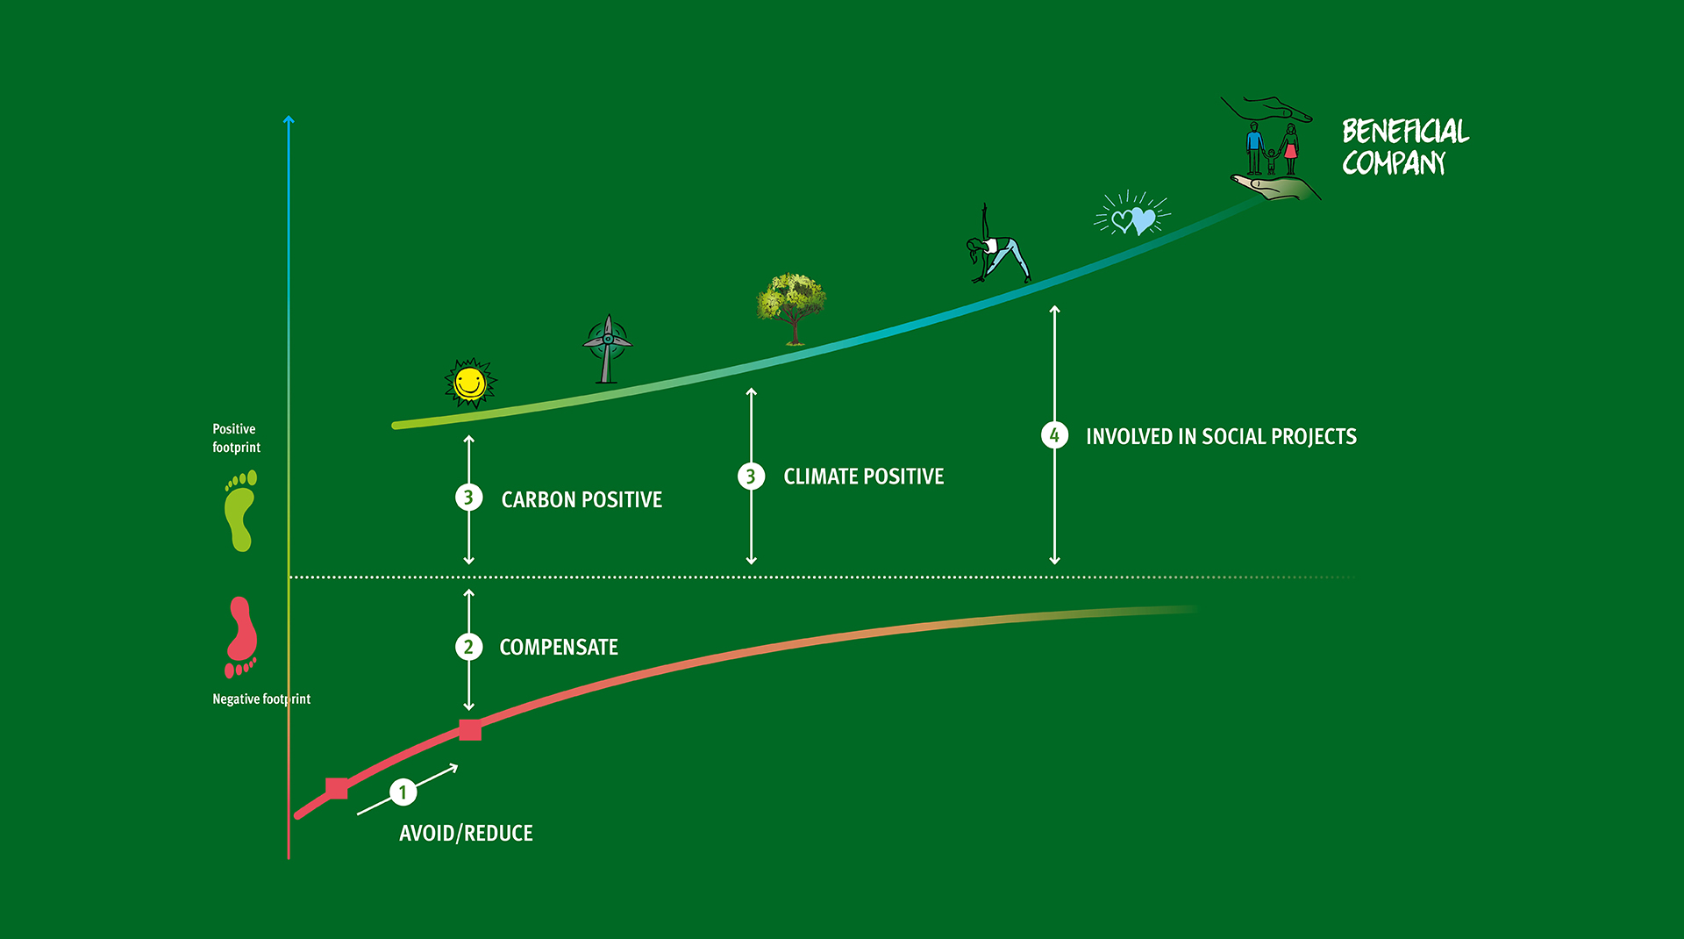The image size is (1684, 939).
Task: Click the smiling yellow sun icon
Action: click(x=470, y=383)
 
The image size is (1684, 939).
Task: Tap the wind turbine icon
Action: click(x=607, y=349)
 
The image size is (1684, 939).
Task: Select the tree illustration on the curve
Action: click(x=791, y=307)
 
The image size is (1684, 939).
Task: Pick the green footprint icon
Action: click(x=240, y=511)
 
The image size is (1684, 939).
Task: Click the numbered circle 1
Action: click(x=403, y=792)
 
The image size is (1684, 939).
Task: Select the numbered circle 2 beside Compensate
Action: click(x=469, y=647)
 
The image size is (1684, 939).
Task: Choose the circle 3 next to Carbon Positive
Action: click(x=469, y=498)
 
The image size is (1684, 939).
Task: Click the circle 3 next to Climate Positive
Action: click(x=751, y=477)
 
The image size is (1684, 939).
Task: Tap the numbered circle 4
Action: click(x=1054, y=435)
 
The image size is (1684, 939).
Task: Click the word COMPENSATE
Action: click(x=559, y=648)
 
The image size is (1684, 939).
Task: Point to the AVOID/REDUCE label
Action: click(x=466, y=833)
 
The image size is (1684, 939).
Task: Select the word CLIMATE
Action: click(x=821, y=477)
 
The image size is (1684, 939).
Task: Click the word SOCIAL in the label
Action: click(x=1234, y=436)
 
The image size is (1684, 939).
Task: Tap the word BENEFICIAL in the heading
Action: click(x=1405, y=132)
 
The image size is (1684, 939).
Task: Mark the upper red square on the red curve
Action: click(x=470, y=729)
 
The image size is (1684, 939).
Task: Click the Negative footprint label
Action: click(x=261, y=699)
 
